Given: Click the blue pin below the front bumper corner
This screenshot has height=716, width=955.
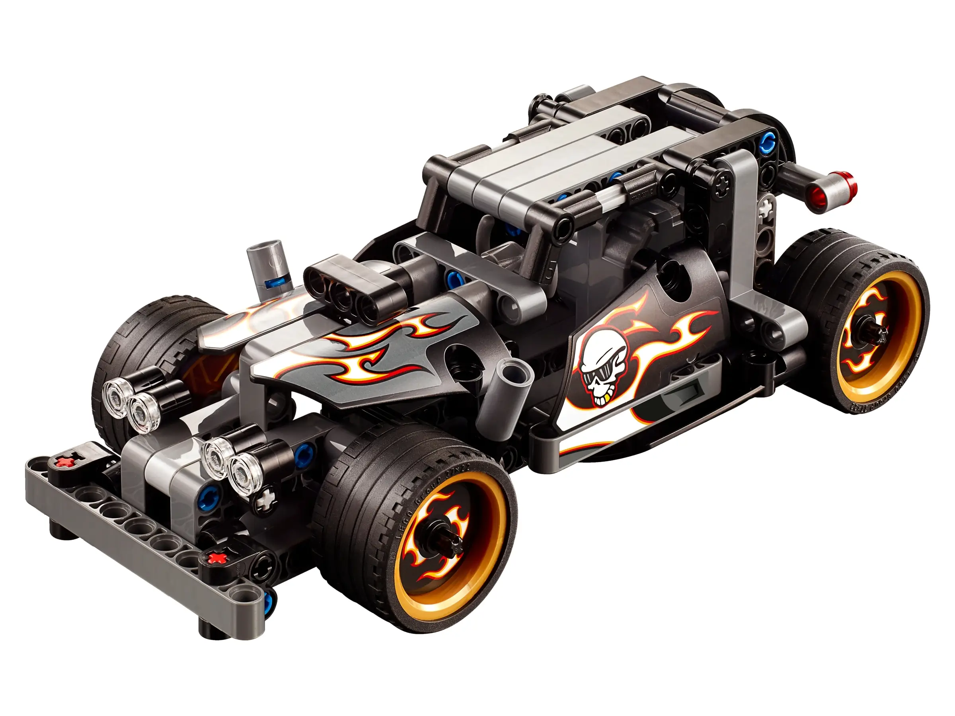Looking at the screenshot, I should (x=269, y=600).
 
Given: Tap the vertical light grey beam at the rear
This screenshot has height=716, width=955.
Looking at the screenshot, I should (x=742, y=216).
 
